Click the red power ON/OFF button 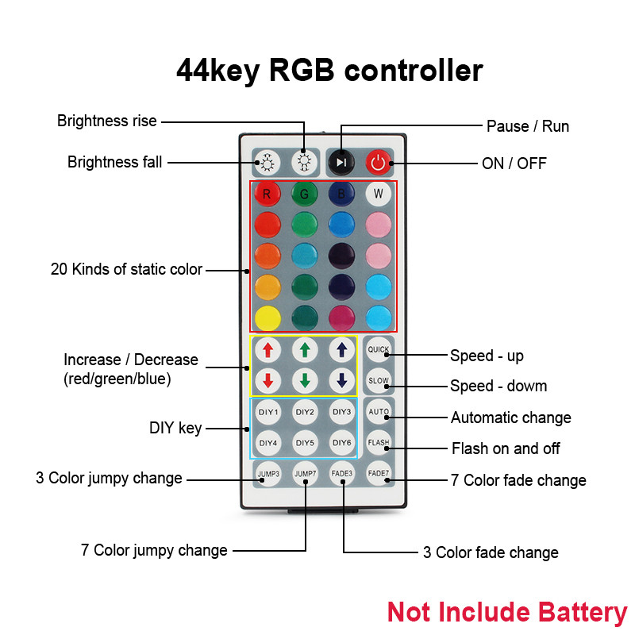click(x=378, y=163)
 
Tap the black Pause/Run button click(x=341, y=163)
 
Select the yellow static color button click(x=267, y=316)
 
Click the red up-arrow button click(x=267, y=350)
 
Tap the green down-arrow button click(x=305, y=380)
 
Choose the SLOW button click(x=378, y=381)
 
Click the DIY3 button click(x=341, y=412)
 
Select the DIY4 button click(x=267, y=442)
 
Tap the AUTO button click(x=378, y=412)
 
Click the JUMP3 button click(x=267, y=474)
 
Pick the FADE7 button click(x=378, y=473)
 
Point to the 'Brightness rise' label click(x=107, y=121)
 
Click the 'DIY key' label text click(x=175, y=429)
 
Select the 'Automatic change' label click(x=510, y=418)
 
